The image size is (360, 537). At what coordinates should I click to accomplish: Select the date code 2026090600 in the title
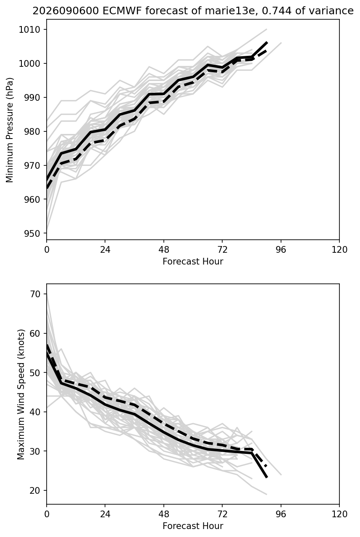click(x=66, y=11)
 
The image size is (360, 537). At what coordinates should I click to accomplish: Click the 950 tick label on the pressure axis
click(x=32, y=233)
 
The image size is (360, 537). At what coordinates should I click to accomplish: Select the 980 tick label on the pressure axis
click(x=32, y=131)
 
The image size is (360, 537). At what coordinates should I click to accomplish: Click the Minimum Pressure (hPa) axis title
click(x=10, y=130)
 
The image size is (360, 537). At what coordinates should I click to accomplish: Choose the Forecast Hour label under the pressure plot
click(x=193, y=261)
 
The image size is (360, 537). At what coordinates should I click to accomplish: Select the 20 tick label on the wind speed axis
click(x=34, y=490)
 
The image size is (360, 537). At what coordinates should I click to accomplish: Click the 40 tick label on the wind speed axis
click(x=34, y=412)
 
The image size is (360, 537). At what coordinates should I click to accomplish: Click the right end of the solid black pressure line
click(x=266, y=43)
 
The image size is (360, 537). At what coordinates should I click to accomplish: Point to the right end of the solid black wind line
click(x=266, y=477)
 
